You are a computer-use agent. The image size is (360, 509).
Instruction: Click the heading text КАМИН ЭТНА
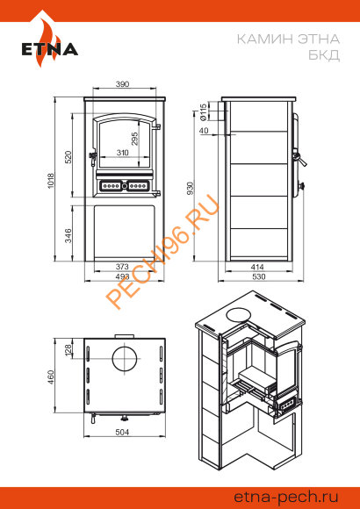click(x=288, y=39)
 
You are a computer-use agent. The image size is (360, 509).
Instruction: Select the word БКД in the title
click(x=324, y=55)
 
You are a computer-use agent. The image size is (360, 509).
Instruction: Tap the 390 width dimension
click(x=123, y=83)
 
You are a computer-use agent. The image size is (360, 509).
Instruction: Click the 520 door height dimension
click(x=68, y=157)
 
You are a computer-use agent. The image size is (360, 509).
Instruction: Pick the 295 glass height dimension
click(x=135, y=139)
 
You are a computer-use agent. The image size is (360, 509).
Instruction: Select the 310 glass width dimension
click(x=122, y=152)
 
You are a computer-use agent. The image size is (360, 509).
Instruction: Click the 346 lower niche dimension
click(x=68, y=236)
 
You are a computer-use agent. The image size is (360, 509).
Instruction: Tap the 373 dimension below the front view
click(x=122, y=267)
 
